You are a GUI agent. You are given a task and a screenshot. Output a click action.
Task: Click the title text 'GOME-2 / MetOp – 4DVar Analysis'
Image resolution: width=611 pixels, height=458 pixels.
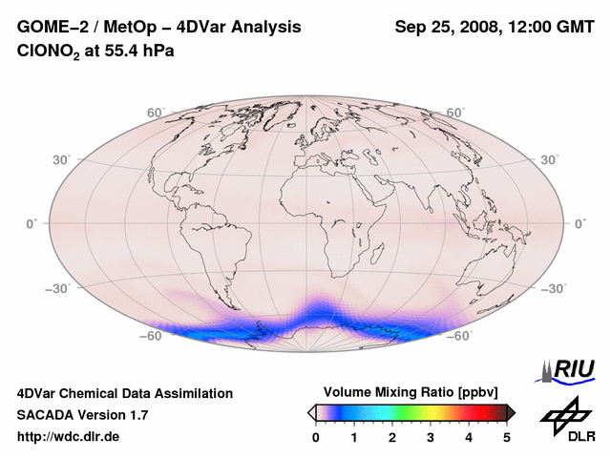click(x=159, y=28)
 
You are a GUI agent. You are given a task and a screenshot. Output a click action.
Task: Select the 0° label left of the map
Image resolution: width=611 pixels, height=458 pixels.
click(x=32, y=223)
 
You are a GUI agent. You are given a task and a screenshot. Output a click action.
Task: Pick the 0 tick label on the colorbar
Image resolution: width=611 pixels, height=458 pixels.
click(x=316, y=437)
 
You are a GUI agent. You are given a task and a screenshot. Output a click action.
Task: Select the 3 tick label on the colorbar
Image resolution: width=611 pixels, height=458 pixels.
click(x=431, y=437)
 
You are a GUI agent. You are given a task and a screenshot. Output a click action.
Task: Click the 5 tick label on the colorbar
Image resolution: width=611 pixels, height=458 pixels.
click(x=507, y=437)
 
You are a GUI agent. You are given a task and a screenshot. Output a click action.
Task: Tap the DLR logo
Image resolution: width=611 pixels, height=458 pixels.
click(x=566, y=420)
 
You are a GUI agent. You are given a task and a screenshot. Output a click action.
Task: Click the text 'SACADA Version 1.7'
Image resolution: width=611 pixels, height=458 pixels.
click(x=82, y=415)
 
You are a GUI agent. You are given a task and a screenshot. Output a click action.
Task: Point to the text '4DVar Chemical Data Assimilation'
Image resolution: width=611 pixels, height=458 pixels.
click(x=125, y=393)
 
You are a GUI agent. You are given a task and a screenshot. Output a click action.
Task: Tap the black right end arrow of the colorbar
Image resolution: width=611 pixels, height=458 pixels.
click(x=511, y=411)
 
